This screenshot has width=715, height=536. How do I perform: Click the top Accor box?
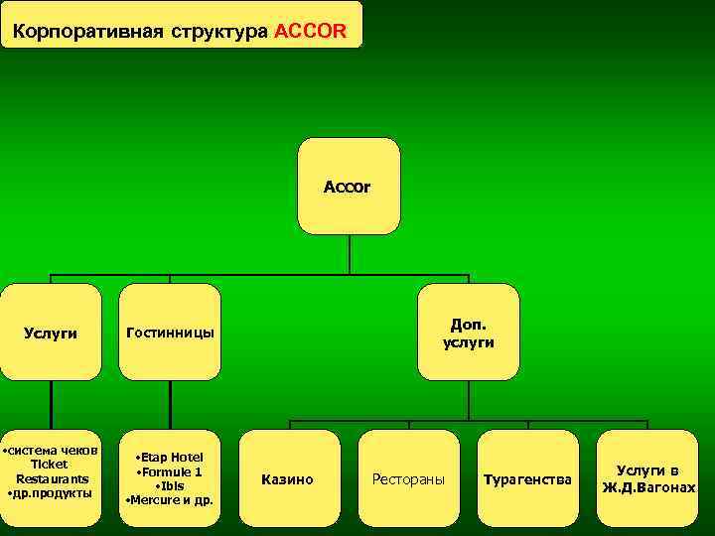tap(349, 186)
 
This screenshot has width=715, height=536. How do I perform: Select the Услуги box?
tap(51, 333)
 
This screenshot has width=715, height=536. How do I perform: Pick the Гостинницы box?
tap(170, 333)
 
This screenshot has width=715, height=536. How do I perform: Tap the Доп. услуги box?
tap(469, 333)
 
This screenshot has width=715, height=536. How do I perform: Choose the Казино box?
tap(288, 479)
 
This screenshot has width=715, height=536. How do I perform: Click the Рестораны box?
tap(408, 479)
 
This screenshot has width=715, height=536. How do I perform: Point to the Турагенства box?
tap(527, 479)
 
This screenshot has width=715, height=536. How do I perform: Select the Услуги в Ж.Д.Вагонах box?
tap(647, 479)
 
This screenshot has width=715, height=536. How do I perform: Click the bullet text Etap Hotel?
tap(169, 457)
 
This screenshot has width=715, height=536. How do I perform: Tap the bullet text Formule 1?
tap(169, 471)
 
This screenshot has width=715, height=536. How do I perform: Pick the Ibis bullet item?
tap(169, 485)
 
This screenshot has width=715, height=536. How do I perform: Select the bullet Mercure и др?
tap(169, 499)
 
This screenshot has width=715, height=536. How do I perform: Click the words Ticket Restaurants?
tap(51, 471)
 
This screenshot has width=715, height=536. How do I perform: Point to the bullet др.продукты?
tap(50, 492)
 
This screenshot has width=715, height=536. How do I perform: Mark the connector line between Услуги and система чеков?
tap(51, 405)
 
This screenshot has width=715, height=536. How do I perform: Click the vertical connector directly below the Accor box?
tap(350, 253)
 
